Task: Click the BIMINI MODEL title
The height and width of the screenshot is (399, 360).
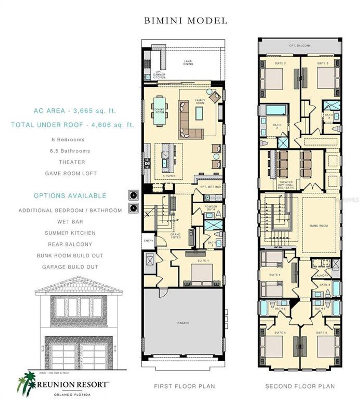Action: point(186,21)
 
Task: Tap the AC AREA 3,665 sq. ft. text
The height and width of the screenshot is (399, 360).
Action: point(75,111)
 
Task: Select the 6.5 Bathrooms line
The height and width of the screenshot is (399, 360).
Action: point(70,151)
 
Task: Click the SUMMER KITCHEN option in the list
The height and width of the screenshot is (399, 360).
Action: point(70,233)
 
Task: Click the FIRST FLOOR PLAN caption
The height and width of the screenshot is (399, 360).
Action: point(184,386)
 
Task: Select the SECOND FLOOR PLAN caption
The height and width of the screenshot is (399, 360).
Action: point(300,386)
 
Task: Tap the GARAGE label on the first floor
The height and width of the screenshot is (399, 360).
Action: point(183,323)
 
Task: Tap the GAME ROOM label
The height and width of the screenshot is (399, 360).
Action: point(319,226)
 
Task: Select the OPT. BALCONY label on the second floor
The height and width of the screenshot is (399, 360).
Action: point(300,46)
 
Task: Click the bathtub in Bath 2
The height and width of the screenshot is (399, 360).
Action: point(276,110)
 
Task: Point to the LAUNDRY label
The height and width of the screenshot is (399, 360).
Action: point(321,276)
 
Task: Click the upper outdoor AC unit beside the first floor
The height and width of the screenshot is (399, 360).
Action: point(134,195)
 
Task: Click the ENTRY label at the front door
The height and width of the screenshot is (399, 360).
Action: point(148,241)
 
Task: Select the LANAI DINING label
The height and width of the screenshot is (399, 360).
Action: point(188,63)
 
